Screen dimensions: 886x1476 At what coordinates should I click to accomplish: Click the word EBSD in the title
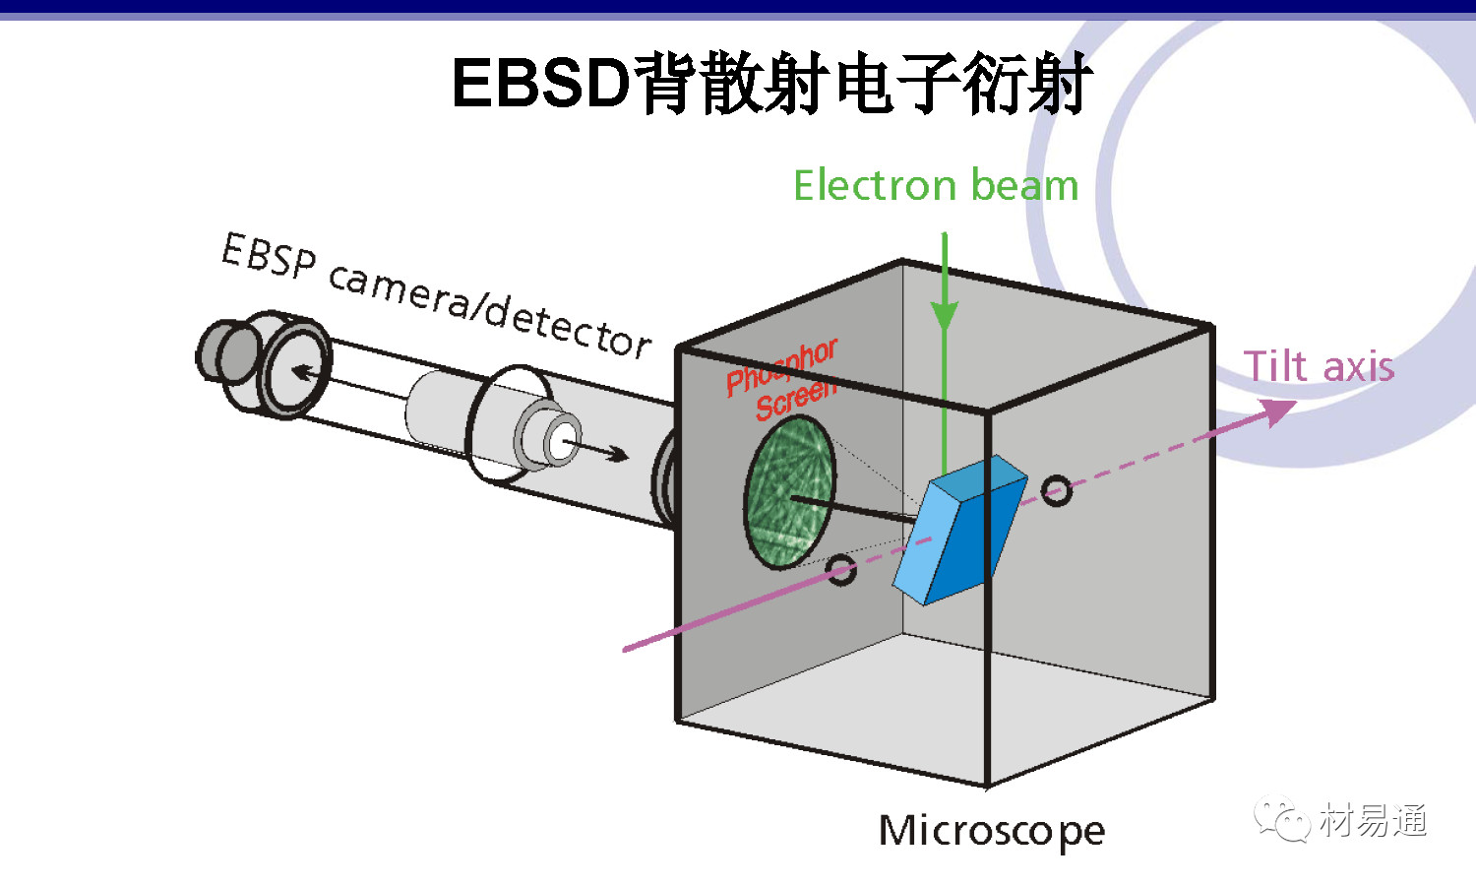point(540,83)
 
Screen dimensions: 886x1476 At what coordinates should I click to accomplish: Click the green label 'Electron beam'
point(936,185)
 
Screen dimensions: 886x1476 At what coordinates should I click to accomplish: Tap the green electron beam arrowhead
point(945,316)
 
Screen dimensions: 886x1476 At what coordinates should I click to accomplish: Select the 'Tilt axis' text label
point(1319,366)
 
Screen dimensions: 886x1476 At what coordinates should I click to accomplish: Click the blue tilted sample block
point(959,532)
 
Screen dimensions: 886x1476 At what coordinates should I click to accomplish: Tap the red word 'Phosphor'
point(781,367)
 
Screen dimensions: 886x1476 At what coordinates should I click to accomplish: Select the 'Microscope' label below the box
point(992,831)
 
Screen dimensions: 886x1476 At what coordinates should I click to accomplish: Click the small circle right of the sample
point(1056,490)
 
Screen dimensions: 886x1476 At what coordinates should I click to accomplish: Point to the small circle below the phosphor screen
point(841,569)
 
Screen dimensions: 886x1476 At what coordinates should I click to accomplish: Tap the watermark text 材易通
point(1373,820)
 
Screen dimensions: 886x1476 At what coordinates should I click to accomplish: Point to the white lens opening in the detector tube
point(563,439)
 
